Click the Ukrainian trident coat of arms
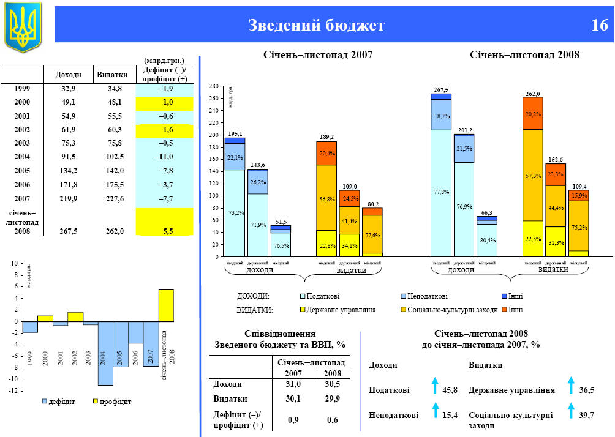pos(23,26)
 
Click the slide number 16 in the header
pos(600,25)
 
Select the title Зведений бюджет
pos(316,25)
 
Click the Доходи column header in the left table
pos(68,75)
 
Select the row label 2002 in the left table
pos(22,129)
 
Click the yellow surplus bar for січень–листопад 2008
pos(166,305)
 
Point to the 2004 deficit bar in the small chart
pos(105,353)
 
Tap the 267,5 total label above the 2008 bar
pos(441,90)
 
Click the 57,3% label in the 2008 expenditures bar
pos(532,176)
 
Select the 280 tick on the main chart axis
pos(214,86)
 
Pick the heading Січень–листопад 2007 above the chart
pos(317,55)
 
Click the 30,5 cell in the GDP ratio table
pos(332,384)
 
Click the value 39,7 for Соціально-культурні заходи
pos(586,415)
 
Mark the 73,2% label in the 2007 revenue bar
pos(236,212)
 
